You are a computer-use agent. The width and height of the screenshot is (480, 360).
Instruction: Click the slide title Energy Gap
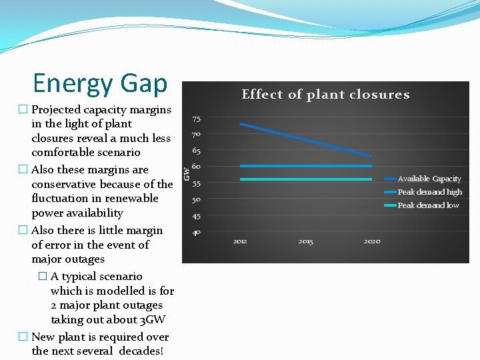coord(100,83)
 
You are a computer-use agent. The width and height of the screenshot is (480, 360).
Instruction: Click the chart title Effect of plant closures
coord(325,94)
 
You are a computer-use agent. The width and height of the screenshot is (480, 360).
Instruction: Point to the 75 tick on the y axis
coord(197,119)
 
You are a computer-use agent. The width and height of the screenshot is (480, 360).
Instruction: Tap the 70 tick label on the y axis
coord(197,135)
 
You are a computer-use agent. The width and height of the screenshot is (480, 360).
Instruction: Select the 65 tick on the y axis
coord(197,151)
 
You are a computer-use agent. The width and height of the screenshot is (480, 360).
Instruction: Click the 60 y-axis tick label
coord(197,167)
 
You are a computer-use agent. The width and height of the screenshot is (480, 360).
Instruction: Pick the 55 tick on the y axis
coord(197,183)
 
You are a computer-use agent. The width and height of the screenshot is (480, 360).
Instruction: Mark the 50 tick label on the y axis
coord(197,200)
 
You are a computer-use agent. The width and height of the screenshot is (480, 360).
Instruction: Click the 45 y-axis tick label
coord(197,216)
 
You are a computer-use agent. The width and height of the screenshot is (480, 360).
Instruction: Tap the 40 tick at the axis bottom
coord(197,232)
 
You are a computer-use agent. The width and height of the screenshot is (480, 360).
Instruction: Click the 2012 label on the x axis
coord(240,241)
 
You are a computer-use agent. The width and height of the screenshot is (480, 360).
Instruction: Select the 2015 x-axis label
coord(306,241)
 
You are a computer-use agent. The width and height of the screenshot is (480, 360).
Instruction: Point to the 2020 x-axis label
coord(372,241)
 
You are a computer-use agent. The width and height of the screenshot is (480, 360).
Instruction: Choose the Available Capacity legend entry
coord(429,179)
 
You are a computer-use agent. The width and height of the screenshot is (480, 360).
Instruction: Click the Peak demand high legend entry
coord(429,192)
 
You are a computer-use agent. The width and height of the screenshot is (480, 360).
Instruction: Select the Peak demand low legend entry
coord(428,205)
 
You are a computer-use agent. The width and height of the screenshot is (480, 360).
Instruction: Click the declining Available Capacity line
coord(306,140)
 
